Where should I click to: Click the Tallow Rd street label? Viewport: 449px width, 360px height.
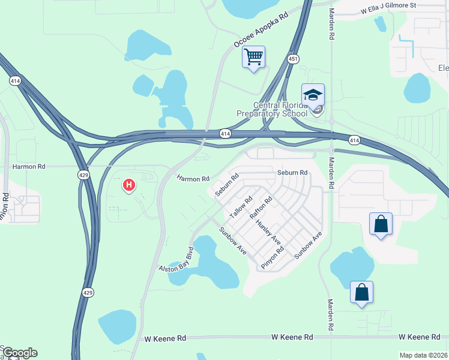240,207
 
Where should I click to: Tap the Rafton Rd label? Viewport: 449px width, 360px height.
262,208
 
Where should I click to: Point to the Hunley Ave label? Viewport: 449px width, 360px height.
268,232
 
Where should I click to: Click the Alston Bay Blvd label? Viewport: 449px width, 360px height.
177,260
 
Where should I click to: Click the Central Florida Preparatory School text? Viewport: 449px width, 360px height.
280,110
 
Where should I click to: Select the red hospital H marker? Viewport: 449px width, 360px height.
128,185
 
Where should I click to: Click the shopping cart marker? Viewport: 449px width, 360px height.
254,58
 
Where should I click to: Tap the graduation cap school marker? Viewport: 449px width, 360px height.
313,95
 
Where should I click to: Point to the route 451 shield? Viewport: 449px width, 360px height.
293,59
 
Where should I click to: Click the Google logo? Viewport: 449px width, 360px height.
20,353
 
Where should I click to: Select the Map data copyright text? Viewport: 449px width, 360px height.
423,355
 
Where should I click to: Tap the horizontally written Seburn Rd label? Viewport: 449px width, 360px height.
292,173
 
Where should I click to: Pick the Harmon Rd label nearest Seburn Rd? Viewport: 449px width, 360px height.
193,178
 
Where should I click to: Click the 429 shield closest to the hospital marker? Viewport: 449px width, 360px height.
83,175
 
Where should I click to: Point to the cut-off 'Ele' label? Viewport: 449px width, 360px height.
444,68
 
